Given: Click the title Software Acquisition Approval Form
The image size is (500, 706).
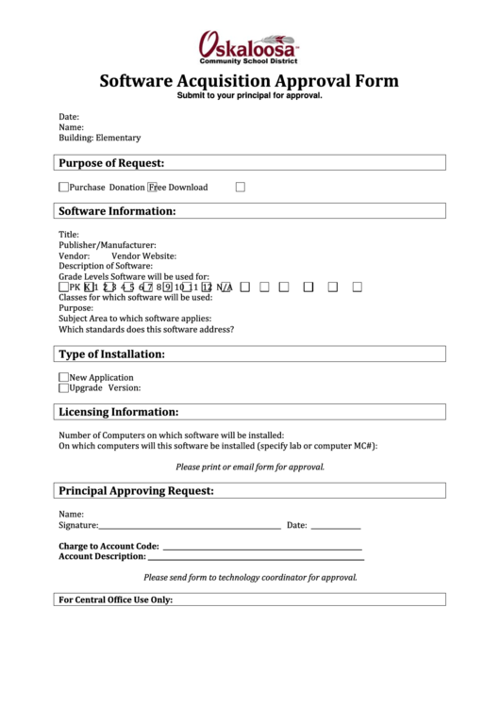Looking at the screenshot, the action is click(249, 81).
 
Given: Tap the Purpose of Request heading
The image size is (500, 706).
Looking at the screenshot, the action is click(112, 163).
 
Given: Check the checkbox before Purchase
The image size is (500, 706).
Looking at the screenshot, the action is click(63, 187).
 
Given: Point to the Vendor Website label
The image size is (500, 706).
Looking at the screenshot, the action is click(143, 255).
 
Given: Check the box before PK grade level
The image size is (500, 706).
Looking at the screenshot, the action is click(63, 287).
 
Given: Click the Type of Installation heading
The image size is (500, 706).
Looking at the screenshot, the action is click(112, 354).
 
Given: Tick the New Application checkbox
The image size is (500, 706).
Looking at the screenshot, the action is click(63, 377).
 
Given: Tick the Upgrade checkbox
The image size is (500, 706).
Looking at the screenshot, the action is click(63, 387).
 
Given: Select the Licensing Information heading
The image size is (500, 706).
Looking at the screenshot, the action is click(119, 412).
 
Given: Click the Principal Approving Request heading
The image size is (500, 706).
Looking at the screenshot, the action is click(137, 491).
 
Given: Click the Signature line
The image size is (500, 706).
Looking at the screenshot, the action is click(189, 525).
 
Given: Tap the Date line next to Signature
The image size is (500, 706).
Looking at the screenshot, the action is click(335, 525).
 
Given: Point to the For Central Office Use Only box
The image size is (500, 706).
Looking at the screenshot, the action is click(249, 599).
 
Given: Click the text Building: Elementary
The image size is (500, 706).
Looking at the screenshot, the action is click(100, 138).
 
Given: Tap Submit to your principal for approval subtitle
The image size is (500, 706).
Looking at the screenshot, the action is click(250, 96).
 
